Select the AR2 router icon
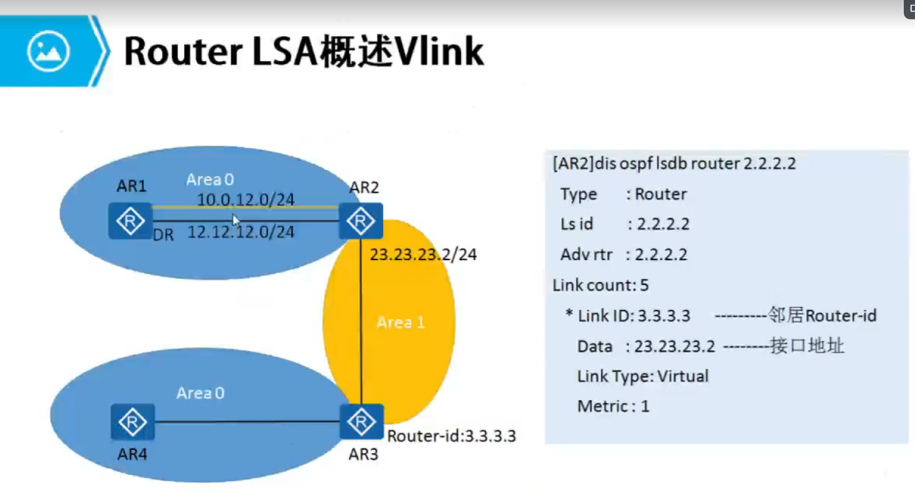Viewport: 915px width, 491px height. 361,220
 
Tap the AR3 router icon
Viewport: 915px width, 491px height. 361,422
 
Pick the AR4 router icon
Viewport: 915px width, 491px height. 132,423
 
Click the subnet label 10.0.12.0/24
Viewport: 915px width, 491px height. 246,199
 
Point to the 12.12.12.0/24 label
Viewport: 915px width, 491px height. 241,232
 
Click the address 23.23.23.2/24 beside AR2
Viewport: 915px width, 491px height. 423,255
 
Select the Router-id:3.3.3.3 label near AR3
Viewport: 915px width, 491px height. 452,436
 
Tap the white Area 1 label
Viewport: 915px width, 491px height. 401,322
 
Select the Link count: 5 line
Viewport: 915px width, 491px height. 600,285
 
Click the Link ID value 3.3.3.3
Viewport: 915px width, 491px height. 662,316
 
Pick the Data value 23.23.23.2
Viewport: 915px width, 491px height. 674,346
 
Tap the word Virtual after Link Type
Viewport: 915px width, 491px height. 682,376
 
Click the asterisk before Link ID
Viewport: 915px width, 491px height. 569,314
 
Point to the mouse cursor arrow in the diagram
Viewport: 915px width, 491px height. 235,219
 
